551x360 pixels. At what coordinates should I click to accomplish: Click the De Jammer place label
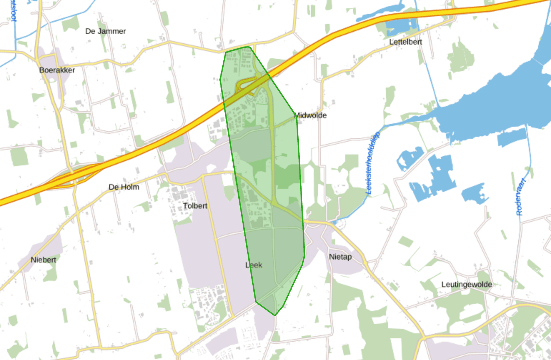[x=105, y=31]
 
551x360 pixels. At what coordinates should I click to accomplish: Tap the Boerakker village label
[x=57, y=70]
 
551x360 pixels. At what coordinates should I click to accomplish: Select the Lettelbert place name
[x=406, y=42]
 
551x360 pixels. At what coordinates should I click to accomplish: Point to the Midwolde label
[x=311, y=115]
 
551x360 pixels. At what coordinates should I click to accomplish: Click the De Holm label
[x=124, y=187]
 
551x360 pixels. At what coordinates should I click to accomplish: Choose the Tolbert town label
[x=195, y=206]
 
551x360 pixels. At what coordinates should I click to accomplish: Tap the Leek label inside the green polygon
[x=254, y=265]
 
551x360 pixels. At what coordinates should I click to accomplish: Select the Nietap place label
[x=340, y=257]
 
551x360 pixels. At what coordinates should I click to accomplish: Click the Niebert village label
[x=43, y=260]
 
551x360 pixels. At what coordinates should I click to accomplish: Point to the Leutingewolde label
[x=467, y=284]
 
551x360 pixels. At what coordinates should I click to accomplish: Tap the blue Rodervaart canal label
[x=521, y=197]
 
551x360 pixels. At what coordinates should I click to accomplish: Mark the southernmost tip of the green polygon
[x=275, y=315]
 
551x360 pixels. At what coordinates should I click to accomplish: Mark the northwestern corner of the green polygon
[x=226, y=52]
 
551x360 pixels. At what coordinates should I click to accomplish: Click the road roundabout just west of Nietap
[x=306, y=222]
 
